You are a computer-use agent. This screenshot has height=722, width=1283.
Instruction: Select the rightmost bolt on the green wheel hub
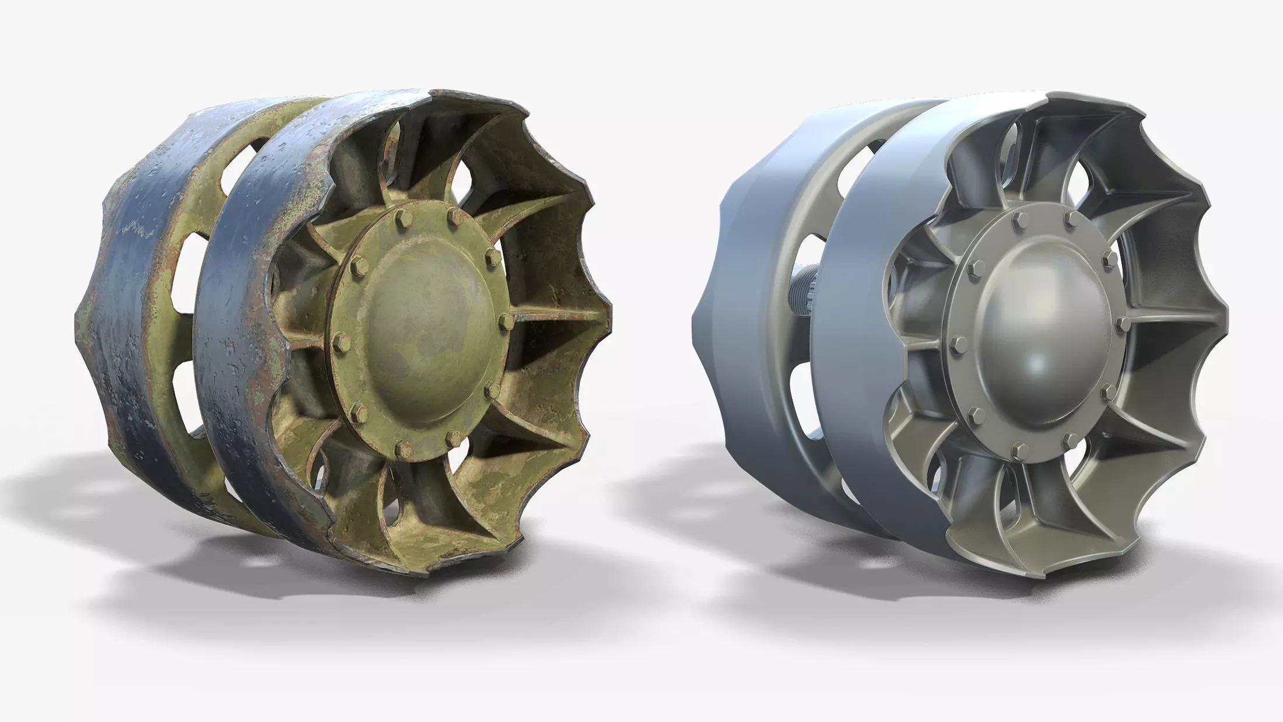pos(506,322)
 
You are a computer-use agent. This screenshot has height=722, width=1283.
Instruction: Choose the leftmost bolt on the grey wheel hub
pos(957,341)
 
